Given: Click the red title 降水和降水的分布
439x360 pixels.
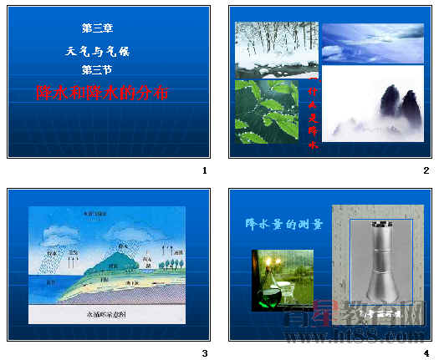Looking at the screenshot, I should point(103,92).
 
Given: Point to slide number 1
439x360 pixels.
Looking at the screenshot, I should point(204,171).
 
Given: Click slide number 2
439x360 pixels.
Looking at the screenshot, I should point(426,171).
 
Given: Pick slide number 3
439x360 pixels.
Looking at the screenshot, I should point(204,353).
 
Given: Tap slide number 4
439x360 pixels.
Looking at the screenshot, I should point(426,353).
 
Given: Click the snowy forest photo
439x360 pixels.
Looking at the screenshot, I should point(265,48).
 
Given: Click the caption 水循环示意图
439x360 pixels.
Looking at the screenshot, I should point(107,315).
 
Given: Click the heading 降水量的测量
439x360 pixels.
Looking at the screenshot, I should point(283,224).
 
